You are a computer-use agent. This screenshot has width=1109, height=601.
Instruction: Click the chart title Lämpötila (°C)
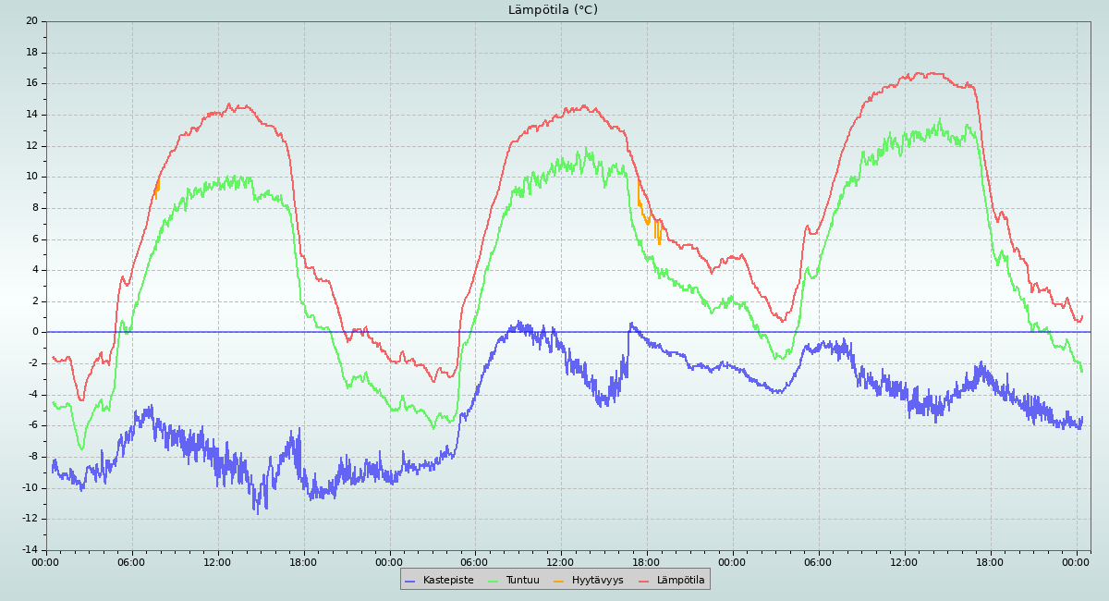(553, 10)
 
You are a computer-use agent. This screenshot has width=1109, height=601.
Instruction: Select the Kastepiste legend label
(448, 581)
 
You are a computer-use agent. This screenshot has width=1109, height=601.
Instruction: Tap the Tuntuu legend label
(522, 581)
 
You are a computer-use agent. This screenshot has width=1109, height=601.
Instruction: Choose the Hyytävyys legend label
(597, 581)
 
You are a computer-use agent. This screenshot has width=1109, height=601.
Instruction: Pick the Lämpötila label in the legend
(680, 581)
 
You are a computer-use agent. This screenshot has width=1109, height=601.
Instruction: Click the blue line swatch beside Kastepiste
(410, 581)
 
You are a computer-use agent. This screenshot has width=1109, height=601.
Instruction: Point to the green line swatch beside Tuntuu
(493, 581)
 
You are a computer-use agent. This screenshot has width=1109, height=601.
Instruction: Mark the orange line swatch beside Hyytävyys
(559, 581)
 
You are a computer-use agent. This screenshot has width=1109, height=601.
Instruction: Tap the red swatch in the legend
(644, 581)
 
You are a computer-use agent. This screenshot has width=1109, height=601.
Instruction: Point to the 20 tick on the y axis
(32, 21)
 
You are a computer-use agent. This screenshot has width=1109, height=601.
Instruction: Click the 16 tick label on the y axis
(32, 83)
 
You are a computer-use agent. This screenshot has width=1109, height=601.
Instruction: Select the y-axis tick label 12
(32, 146)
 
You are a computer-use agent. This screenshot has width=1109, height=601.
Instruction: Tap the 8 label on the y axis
(35, 208)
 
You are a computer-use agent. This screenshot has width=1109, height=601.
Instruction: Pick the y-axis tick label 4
(35, 270)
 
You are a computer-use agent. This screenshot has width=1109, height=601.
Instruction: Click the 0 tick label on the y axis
(35, 332)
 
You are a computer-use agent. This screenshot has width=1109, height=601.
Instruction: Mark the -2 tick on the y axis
(32, 363)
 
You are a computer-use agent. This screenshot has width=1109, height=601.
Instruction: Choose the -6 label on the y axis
(32, 425)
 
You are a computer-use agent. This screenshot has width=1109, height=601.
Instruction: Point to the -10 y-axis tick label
(30, 488)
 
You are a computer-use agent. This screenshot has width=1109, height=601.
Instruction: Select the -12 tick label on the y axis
(30, 519)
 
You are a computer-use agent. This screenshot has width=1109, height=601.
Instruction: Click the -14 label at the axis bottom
(30, 550)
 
